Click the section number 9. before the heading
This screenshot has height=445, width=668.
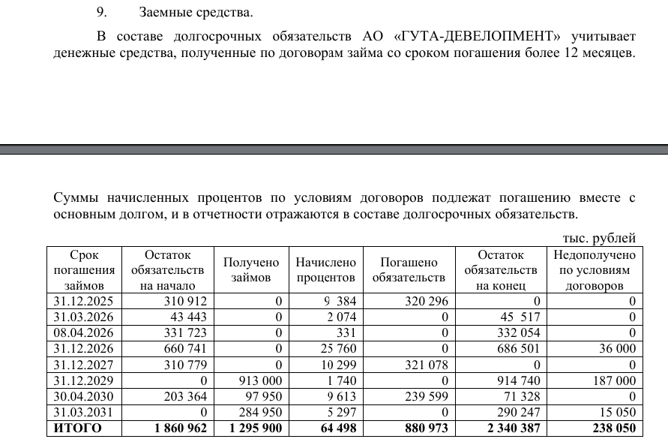[x=103, y=13]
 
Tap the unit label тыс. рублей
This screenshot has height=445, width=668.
[x=598, y=238]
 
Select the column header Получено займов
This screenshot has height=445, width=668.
[x=251, y=270]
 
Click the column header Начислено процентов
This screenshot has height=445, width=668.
[x=325, y=270]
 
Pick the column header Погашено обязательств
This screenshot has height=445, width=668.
[x=409, y=270]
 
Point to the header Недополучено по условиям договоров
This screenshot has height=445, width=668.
[x=592, y=270]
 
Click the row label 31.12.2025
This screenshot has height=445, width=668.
[x=81, y=301]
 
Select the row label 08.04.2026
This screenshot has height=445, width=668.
[x=81, y=332]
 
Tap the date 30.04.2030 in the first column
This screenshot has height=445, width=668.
[x=81, y=396]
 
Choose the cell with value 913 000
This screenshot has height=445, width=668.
[x=259, y=380]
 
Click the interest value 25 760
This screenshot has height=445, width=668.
[x=336, y=349]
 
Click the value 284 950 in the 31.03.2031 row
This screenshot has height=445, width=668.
[x=259, y=412]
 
